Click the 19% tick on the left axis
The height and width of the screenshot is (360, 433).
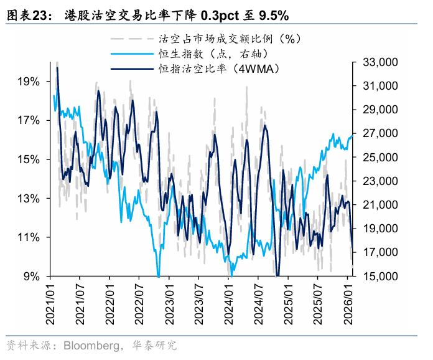pyautogui.click(x=29, y=82)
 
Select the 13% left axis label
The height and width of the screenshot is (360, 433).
pyautogui.click(x=29, y=199)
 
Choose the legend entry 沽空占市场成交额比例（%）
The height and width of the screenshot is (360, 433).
pyautogui.click(x=230, y=39)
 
